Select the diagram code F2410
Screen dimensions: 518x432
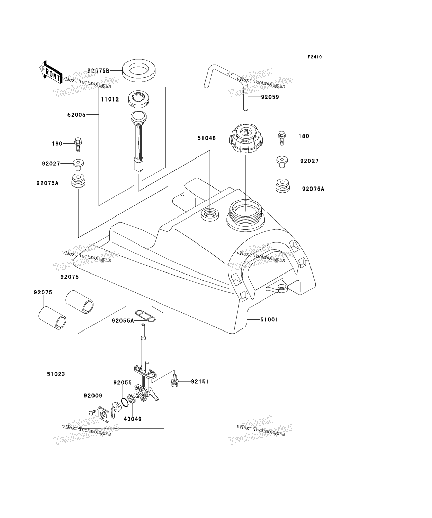pyautogui.click(x=314, y=57)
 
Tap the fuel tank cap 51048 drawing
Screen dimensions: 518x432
pyautogui.click(x=245, y=139)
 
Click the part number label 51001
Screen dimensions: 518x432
pyautogui.click(x=269, y=319)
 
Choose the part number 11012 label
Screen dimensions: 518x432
pyautogui.click(x=110, y=99)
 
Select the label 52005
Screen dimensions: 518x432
pyautogui.click(x=77, y=115)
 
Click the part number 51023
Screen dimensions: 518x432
pyautogui.click(x=56, y=374)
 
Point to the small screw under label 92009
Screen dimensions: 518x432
pyautogui.click(x=91, y=412)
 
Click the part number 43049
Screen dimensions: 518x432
pyautogui.click(x=132, y=419)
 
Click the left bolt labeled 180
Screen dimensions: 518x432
pyautogui.click(x=78, y=144)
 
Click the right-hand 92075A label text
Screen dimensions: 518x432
pyautogui.click(x=313, y=189)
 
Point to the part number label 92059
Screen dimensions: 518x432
pyautogui.click(x=270, y=97)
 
